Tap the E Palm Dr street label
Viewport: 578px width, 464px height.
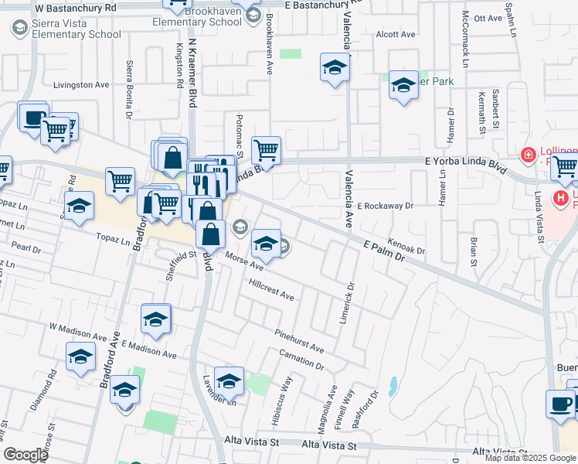[x=384, y=250]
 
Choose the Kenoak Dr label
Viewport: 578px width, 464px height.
[x=407, y=247]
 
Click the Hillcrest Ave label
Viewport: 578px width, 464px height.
[x=271, y=290]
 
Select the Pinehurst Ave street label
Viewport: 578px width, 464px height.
[x=299, y=340]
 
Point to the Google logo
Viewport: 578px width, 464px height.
[x=25, y=455]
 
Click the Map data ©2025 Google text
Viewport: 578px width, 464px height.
[x=531, y=458]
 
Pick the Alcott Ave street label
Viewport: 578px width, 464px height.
[x=396, y=35]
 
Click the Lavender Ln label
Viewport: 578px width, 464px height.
[x=219, y=397]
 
